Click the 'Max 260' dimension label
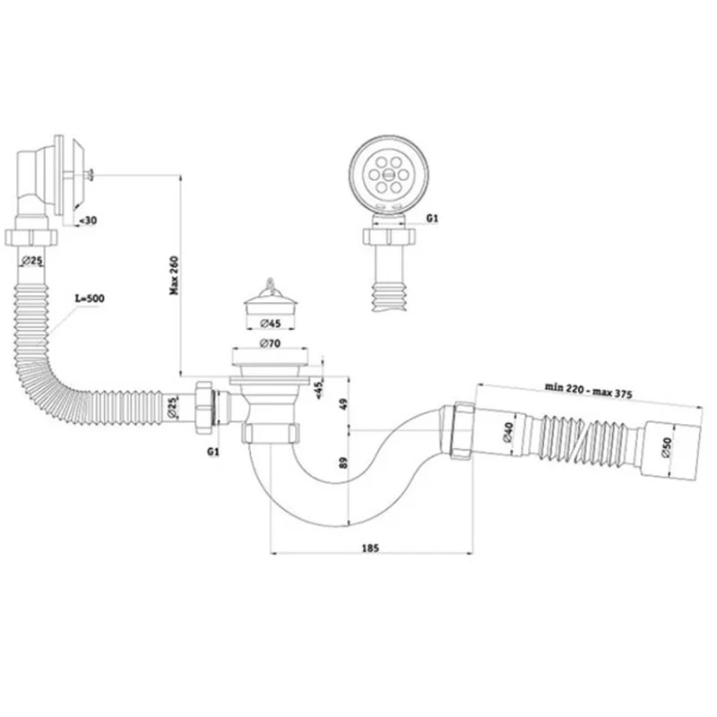pyautogui.click(x=174, y=275)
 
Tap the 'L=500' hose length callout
pyautogui.click(x=91, y=298)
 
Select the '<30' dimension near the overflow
pyautogui.click(x=88, y=220)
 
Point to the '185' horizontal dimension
pyautogui.click(x=370, y=548)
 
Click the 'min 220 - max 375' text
pyautogui.click(x=588, y=391)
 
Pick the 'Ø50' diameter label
pyautogui.click(x=667, y=446)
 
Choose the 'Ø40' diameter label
pyautogui.click(x=508, y=432)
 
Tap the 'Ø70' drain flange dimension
pyautogui.click(x=271, y=343)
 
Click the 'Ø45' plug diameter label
pyautogui.click(x=271, y=324)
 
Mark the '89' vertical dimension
pyautogui.click(x=344, y=462)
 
